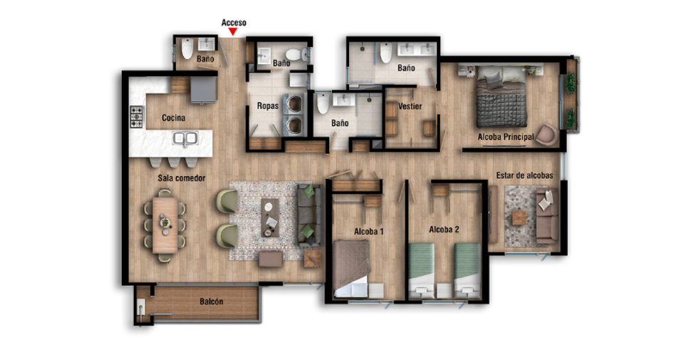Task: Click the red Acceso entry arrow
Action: coord(233,31)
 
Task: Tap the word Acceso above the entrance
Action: coord(234,23)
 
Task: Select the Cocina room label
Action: coord(174,118)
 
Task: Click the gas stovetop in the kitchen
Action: coord(136,116)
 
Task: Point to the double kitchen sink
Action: coord(185,139)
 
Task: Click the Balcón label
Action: coord(211,302)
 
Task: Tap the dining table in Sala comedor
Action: coord(165,225)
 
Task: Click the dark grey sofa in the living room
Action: coord(309,215)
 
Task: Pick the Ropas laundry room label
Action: coord(268,106)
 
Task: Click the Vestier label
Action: coord(410,106)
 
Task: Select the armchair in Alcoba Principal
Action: coord(547,135)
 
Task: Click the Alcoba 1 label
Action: coord(368,232)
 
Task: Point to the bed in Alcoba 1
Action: coord(352,269)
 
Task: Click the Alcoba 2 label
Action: coord(444,230)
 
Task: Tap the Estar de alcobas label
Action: coord(524,176)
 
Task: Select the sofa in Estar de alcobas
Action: coord(547,217)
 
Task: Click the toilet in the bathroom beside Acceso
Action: coord(187,48)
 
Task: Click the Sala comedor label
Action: coord(182,178)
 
